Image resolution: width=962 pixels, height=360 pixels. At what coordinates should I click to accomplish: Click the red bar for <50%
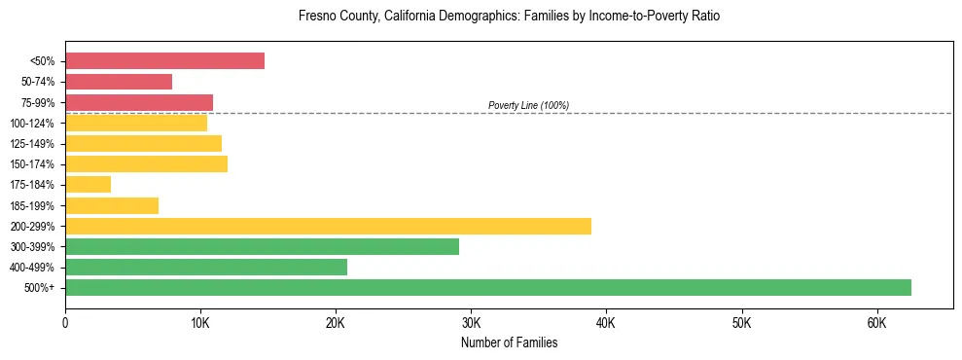click(x=164, y=61)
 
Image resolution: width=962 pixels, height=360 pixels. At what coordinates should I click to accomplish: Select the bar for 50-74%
click(x=119, y=82)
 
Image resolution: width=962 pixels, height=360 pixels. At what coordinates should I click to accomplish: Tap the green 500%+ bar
click(x=487, y=287)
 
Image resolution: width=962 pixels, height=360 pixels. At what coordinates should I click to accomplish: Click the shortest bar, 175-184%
click(x=89, y=184)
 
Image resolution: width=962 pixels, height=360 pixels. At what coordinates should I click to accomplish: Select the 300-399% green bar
click(x=262, y=246)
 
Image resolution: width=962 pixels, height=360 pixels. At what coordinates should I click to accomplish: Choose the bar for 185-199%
click(x=112, y=205)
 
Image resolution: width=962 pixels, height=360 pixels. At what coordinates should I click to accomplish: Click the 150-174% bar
click(x=146, y=163)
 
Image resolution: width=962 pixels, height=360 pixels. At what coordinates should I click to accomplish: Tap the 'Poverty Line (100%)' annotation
click(x=528, y=105)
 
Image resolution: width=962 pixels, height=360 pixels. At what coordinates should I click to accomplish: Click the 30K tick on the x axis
click(x=471, y=322)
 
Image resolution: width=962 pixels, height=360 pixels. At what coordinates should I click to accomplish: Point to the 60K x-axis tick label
click(x=876, y=322)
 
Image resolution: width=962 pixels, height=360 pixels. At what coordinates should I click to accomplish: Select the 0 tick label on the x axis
click(x=65, y=322)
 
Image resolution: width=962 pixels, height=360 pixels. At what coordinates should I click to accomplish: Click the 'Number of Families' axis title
click(x=509, y=342)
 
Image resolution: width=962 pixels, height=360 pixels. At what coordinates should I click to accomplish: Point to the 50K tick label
click(x=741, y=322)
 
